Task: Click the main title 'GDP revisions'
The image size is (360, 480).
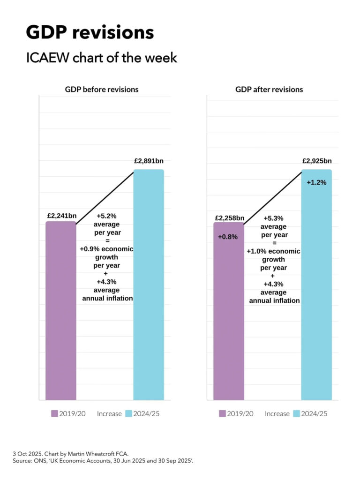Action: click(x=90, y=32)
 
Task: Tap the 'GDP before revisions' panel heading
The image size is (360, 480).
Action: click(x=101, y=89)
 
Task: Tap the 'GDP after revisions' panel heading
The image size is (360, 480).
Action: click(x=269, y=89)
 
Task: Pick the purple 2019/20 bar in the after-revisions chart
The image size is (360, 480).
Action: click(x=229, y=319)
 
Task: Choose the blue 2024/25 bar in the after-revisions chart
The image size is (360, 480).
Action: click(x=316, y=291)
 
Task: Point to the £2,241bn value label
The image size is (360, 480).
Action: click(x=61, y=216)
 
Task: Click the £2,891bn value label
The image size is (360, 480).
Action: click(x=149, y=161)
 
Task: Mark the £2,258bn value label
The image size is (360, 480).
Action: click(x=230, y=218)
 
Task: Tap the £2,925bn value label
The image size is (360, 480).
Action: click(x=317, y=161)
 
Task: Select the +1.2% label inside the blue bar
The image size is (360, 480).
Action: click(x=316, y=182)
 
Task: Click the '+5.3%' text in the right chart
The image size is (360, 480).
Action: click(x=274, y=218)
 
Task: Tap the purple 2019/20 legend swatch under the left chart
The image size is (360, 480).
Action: click(x=54, y=413)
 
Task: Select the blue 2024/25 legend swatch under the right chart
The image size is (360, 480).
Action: click(x=296, y=413)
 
